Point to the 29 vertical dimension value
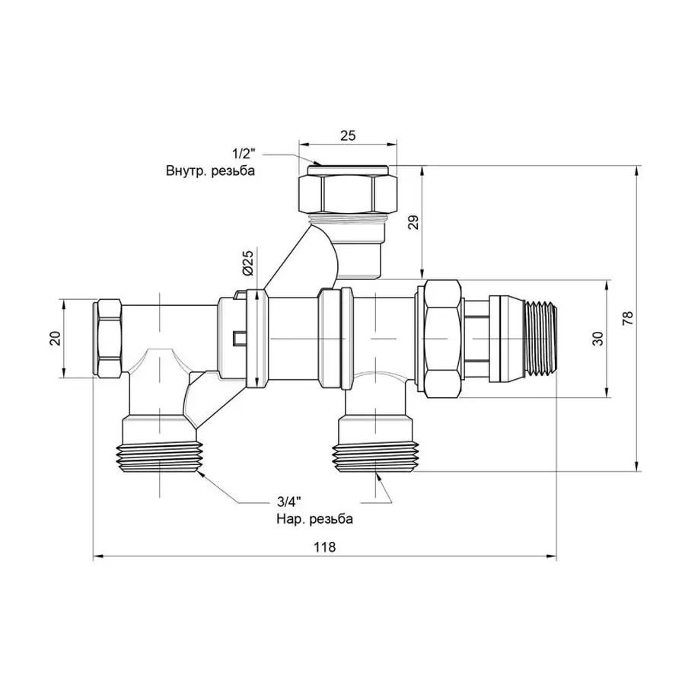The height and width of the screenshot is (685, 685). (413, 221)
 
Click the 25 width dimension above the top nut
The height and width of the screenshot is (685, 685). (348, 135)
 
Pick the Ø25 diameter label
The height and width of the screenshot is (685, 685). (248, 263)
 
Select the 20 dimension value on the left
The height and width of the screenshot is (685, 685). (54, 338)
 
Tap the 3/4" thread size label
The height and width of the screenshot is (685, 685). (288, 502)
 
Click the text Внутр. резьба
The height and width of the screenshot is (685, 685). (210, 171)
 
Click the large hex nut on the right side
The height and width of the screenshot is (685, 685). (441, 338)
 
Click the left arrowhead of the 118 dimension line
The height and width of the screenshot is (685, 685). (97, 558)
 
